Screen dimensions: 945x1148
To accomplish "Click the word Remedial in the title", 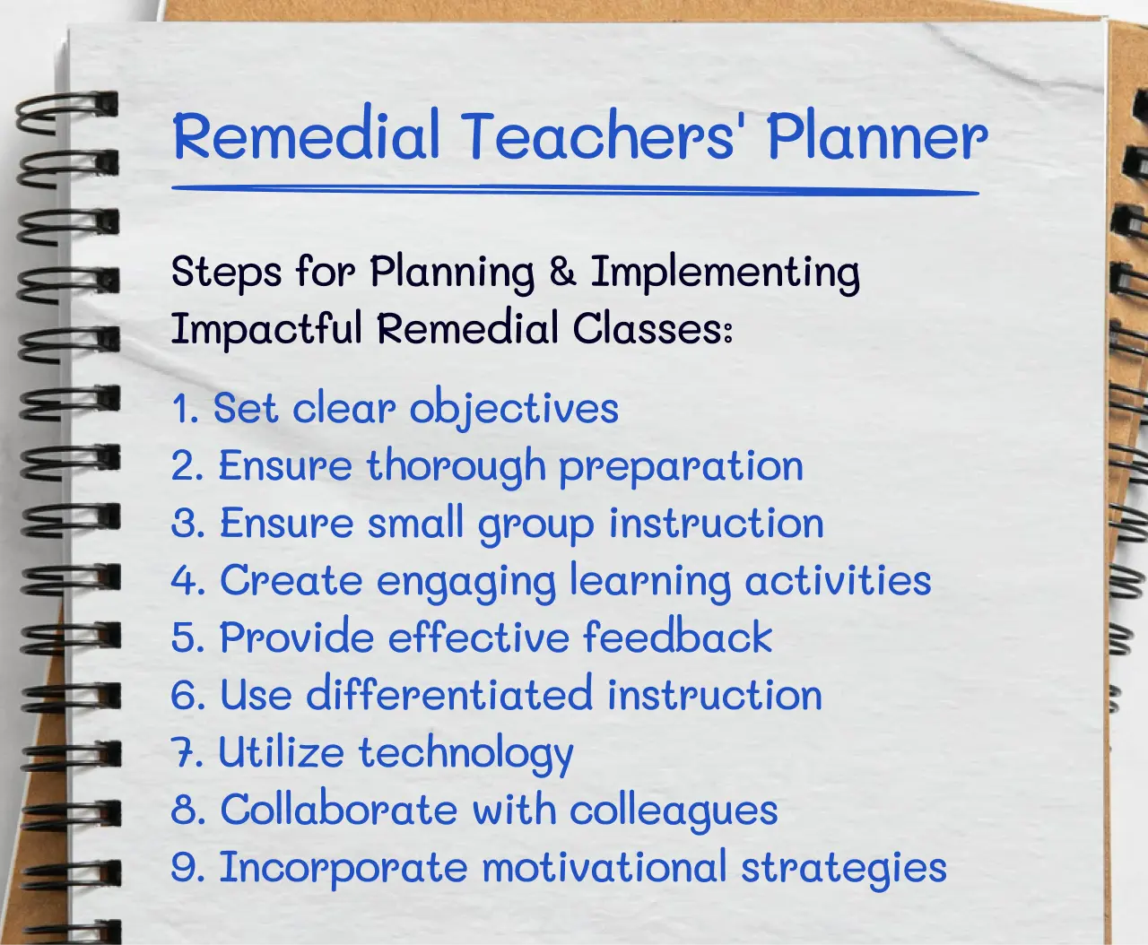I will coord(306,135).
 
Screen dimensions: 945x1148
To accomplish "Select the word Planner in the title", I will coord(876,137).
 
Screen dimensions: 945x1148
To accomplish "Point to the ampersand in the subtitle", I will coord(562,272).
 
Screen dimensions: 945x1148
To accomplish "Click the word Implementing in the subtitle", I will coord(725,273).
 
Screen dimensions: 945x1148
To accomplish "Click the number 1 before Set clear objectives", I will coord(182,409).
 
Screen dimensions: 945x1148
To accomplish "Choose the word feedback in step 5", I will coord(677,637).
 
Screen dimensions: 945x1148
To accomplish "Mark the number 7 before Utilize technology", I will coord(186,753).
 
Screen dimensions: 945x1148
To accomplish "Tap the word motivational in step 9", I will coord(604,868).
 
